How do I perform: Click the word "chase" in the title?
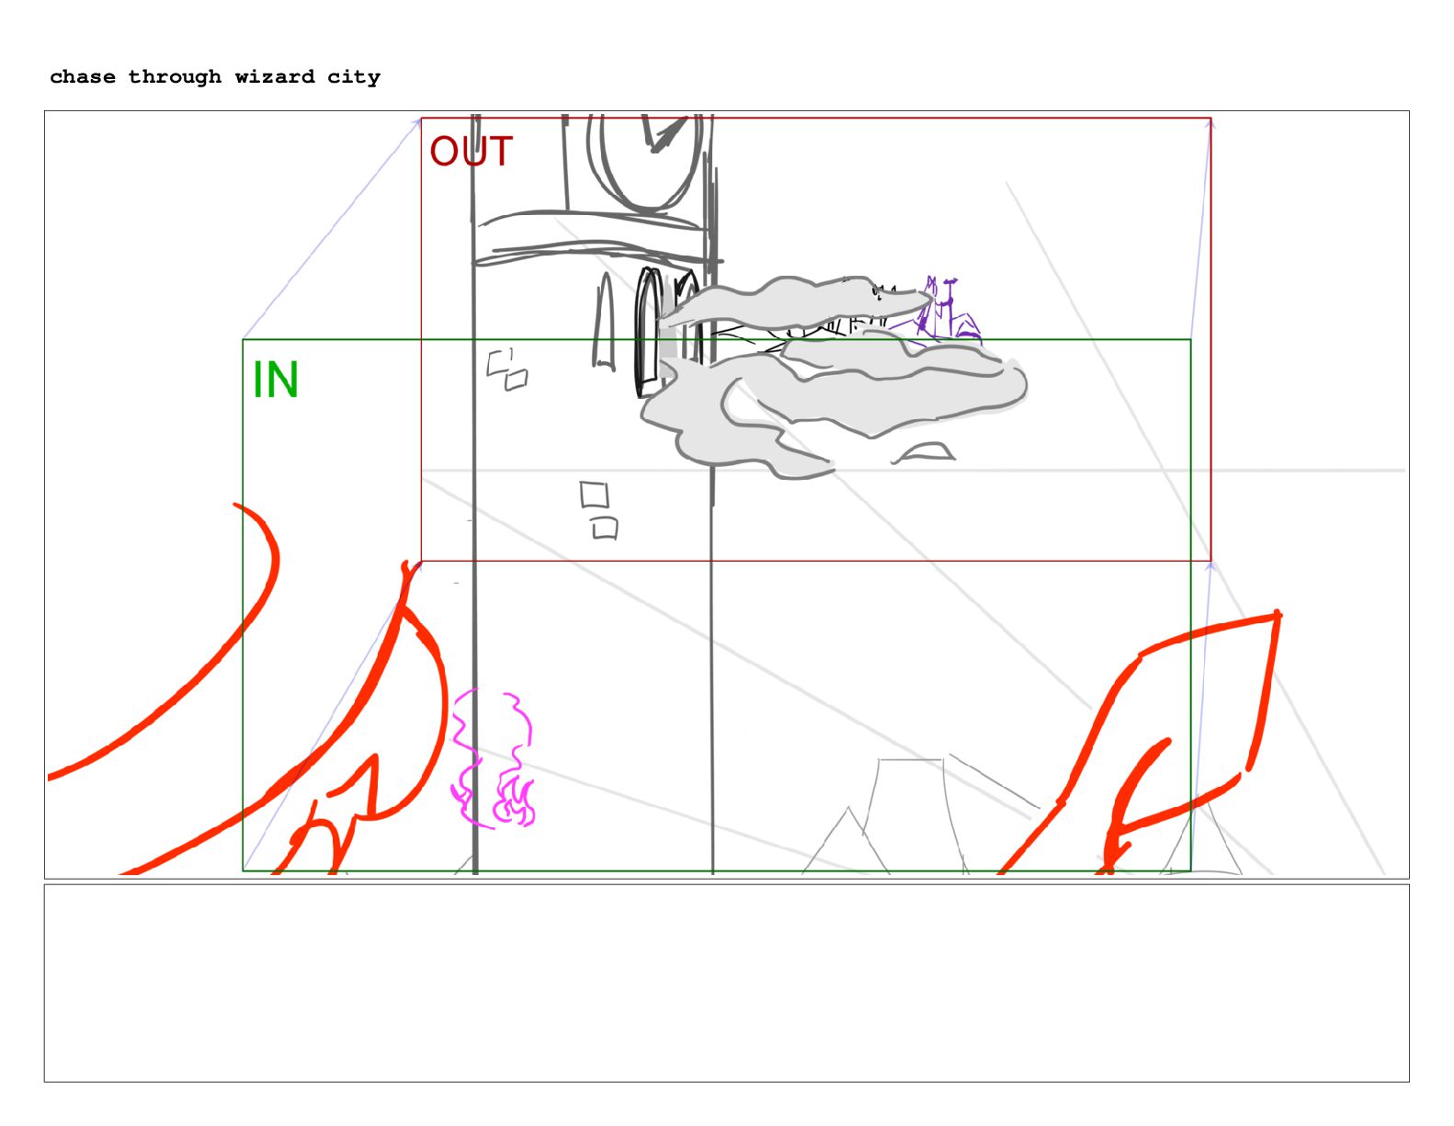83,77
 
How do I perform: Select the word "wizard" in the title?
274,77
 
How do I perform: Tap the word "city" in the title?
353,78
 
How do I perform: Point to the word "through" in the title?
175,78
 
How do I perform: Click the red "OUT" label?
471,152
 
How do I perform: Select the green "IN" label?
275,380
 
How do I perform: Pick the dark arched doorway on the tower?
648,332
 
